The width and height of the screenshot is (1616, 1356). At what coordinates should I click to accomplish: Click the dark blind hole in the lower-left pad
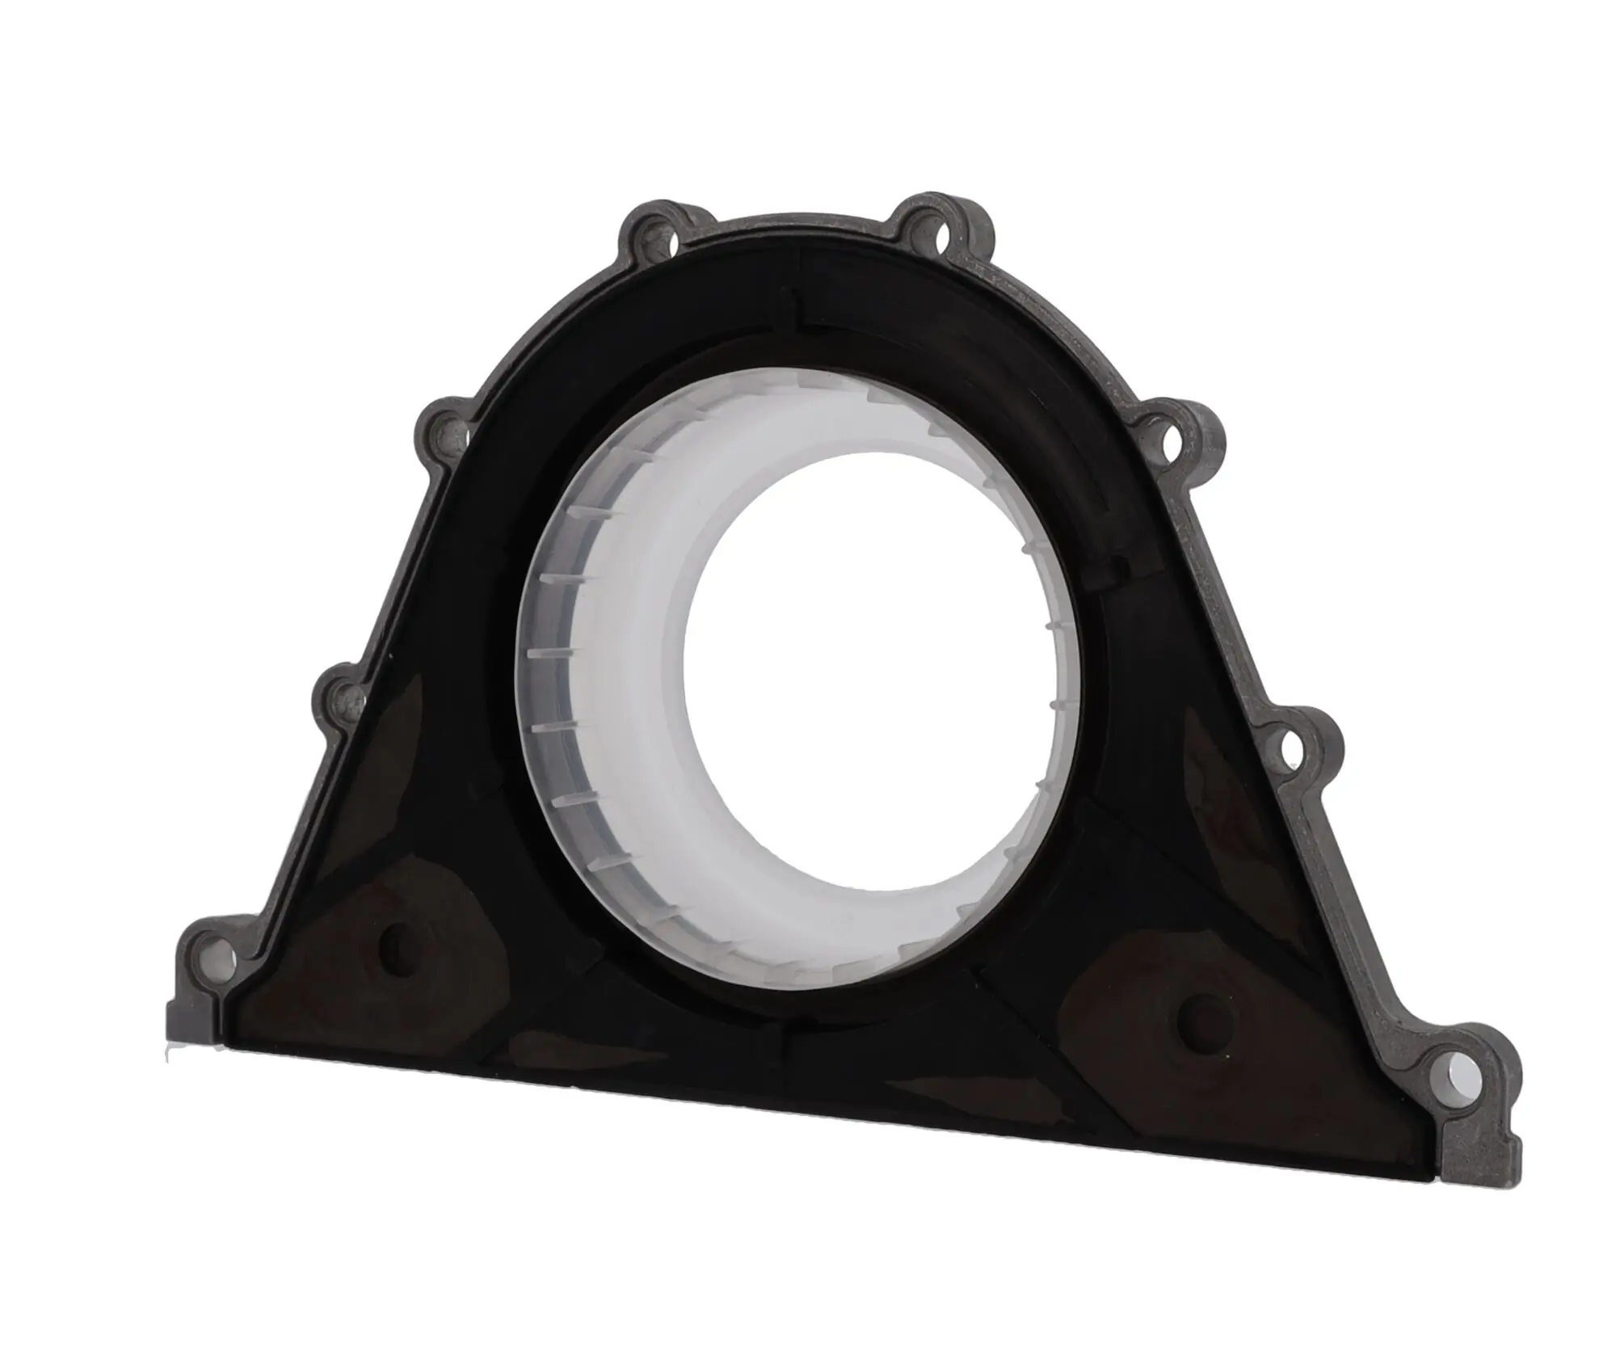[402, 941]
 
